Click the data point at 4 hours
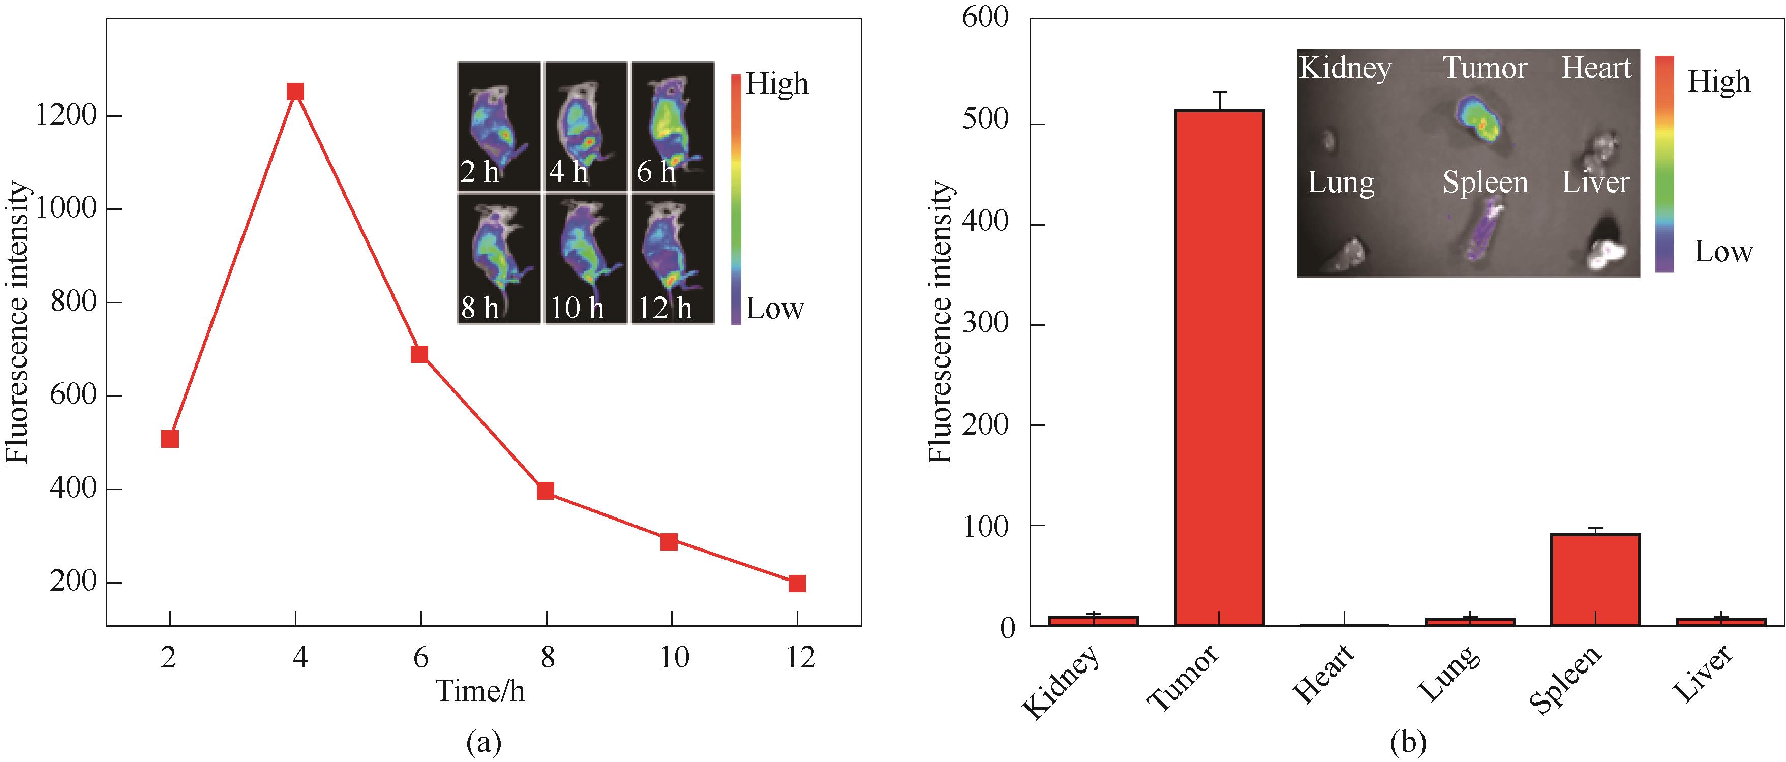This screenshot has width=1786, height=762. tap(295, 92)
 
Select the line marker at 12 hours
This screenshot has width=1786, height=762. tap(797, 583)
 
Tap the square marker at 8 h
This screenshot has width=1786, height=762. tap(546, 491)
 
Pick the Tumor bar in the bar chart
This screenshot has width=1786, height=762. tap(1220, 368)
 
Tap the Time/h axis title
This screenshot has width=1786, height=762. tap(480, 691)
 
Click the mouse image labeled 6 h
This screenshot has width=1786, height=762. tap(672, 126)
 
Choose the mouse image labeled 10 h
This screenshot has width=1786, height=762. tap(585, 258)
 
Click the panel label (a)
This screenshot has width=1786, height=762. tap(483, 743)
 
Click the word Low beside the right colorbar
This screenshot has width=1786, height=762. tap(1723, 252)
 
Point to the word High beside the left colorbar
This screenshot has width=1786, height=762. tap(776, 84)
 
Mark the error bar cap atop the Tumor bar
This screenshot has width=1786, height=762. tap(1220, 92)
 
